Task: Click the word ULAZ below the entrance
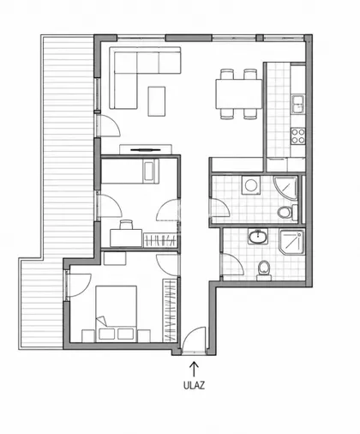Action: (x=194, y=385)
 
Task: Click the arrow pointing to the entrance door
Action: (x=194, y=369)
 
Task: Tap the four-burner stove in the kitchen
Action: (x=297, y=136)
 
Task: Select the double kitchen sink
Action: (x=298, y=105)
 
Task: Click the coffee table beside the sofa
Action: (x=157, y=101)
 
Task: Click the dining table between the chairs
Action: (x=239, y=93)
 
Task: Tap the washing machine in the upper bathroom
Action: (x=251, y=185)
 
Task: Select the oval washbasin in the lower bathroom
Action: (x=258, y=237)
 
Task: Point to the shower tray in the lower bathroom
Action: (x=292, y=242)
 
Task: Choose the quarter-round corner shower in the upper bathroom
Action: (x=286, y=188)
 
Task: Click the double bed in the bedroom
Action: (x=116, y=314)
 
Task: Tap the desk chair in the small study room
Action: (x=126, y=225)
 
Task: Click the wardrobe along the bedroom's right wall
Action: (x=170, y=310)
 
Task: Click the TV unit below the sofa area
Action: (x=146, y=149)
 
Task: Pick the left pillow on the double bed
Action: (x=106, y=334)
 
